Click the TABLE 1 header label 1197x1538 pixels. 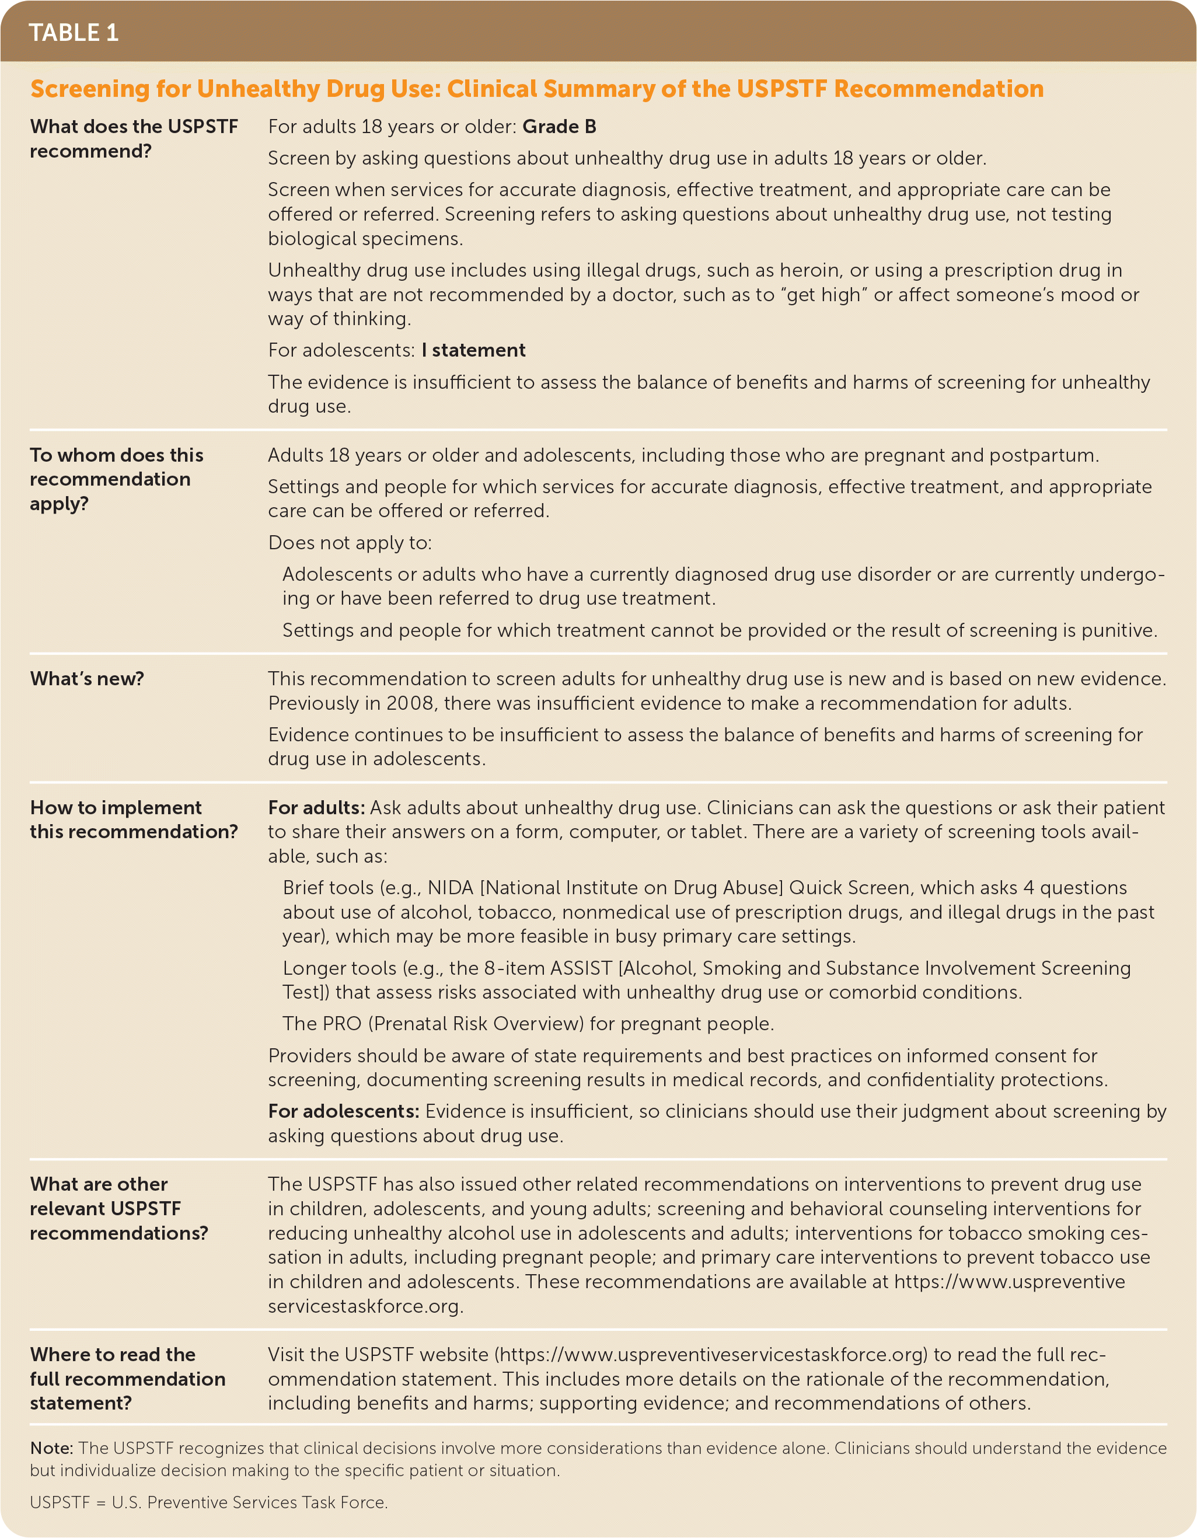tap(73, 32)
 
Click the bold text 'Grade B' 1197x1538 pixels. tap(559, 127)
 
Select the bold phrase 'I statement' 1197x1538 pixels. tap(473, 350)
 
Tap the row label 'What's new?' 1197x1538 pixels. tap(86, 679)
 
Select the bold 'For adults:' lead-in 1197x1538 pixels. tap(316, 808)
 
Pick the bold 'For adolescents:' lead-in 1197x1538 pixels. tap(344, 1111)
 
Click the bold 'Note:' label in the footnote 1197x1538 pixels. tap(51, 1449)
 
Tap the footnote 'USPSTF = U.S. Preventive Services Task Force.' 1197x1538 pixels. tap(208, 1503)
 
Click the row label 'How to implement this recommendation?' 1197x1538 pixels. tap(134, 819)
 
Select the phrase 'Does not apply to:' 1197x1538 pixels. tap(350, 543)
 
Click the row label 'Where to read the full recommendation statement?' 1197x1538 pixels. tap(127, 1379)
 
